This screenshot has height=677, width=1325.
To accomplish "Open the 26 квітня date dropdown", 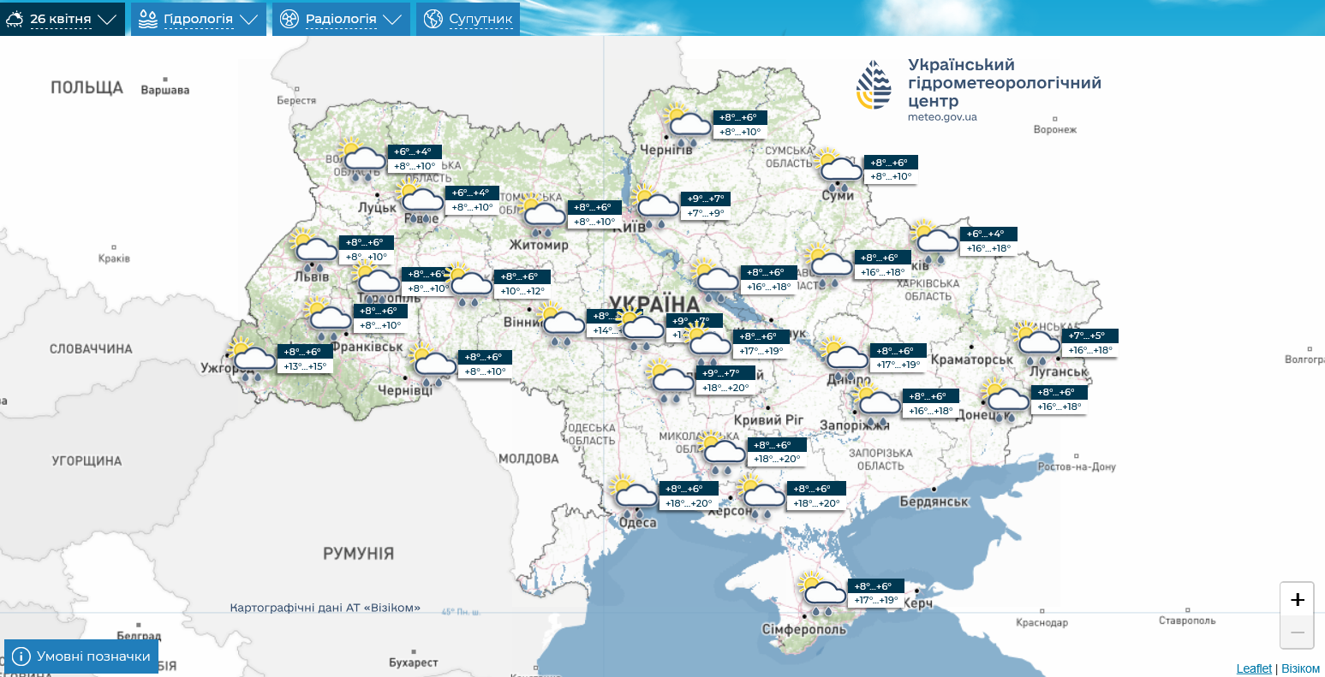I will [62, 19].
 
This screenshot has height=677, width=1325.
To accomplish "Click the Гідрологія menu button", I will [198, 19].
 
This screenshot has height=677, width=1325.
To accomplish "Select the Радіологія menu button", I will [341, 19].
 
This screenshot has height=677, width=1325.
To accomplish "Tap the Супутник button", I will [468, 19].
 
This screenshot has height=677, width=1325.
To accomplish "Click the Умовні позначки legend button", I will [82, 656].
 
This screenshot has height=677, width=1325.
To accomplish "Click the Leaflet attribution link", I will [1254, 668].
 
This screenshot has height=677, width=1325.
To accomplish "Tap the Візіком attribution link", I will [1300, 668].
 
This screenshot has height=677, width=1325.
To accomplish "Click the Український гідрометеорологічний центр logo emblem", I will [874, 86].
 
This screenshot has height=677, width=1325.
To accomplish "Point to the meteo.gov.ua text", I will [942, 117].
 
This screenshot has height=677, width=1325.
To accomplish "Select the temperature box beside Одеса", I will [688, 496].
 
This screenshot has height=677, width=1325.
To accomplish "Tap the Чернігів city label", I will [666, 150].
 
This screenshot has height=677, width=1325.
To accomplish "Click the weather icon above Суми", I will [837, 169].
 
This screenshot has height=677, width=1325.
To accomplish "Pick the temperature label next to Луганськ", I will [1090, 343].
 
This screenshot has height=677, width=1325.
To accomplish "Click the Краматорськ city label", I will [971, 359].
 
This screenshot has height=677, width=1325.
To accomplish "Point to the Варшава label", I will [164, 90].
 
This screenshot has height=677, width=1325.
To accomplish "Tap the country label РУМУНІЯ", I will [358, 554].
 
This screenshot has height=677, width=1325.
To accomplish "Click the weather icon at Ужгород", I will [252, 360].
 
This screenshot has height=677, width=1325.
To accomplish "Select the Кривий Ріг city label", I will [769, 419].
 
